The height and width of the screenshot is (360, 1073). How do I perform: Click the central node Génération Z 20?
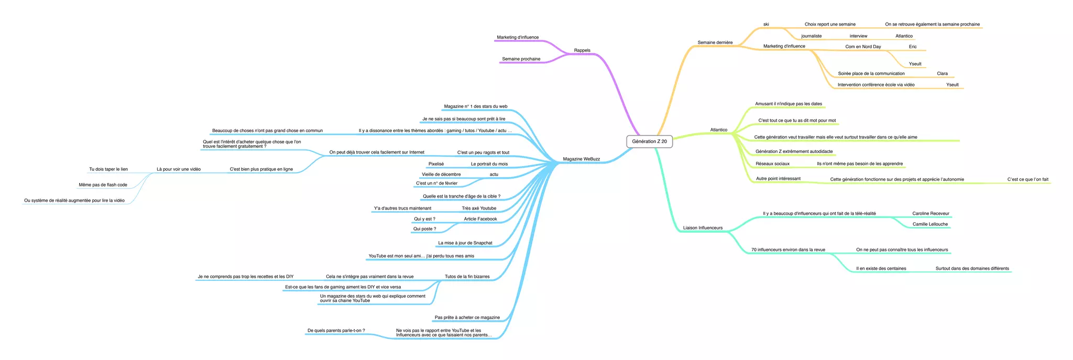point(649,141)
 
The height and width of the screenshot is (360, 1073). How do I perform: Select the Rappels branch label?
point(582,51)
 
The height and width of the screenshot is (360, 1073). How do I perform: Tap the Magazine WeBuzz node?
point(581,159)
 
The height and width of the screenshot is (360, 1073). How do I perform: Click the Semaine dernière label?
point(715,43)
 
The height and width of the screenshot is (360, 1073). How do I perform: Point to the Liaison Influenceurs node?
point(703,228)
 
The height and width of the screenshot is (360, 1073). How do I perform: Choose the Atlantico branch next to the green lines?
point(718,130)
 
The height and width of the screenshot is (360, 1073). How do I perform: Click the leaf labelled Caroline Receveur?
point(930,214)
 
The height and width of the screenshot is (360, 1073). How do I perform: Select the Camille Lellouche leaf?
point(930,224)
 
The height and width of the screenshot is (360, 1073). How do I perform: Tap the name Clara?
point(942,74)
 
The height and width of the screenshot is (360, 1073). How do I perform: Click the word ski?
point(766,25)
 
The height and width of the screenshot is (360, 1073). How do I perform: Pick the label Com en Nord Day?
point(863,47)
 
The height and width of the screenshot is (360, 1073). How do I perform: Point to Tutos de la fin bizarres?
point(467,277)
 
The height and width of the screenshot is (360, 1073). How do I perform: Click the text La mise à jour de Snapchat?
point(465,243)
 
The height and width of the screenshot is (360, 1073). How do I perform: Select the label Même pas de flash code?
point(103,185)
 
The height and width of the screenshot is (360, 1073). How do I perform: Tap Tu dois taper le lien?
point(108,170)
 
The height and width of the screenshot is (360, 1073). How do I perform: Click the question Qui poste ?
point(424,229)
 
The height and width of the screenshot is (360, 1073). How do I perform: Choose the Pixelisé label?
point(436,165)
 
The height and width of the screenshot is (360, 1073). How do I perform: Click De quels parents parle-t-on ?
point(336,331)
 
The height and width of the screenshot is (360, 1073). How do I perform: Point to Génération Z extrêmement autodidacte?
point(794,152)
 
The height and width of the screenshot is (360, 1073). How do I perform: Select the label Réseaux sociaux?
point(772,164)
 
